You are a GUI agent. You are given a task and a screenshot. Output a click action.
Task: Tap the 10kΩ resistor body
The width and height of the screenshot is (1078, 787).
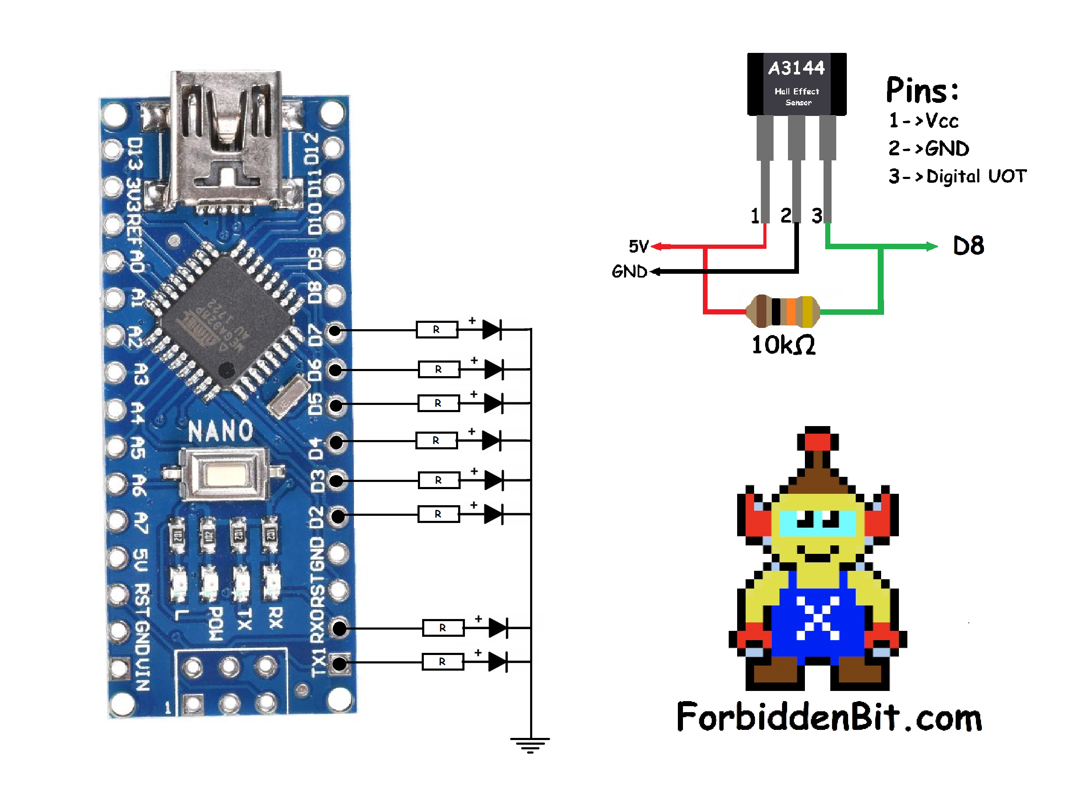click(783, 311)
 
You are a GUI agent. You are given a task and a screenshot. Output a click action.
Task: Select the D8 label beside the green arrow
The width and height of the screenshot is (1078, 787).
click(968, 246)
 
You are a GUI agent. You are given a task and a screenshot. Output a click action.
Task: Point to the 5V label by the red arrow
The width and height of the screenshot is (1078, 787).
click(639, 246)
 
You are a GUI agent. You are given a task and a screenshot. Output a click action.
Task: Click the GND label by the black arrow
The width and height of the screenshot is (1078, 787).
click(629, 272)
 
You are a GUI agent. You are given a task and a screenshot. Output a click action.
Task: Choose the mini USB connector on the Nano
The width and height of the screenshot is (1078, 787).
click(227, 138)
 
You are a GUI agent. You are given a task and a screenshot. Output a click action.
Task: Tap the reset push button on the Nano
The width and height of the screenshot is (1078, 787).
click(224, 474)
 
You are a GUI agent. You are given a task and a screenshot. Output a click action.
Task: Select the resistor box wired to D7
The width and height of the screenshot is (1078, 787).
click(437, 329)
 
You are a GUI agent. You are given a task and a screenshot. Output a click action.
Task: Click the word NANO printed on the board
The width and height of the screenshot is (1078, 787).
click(220, 431)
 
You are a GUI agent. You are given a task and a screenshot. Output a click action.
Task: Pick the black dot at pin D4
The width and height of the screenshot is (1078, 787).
click(337, 442)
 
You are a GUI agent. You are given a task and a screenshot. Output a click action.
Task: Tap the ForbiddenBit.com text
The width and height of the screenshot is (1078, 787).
click(829, 717)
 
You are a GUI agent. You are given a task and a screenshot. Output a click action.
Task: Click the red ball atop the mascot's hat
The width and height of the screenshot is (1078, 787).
click(817, 440)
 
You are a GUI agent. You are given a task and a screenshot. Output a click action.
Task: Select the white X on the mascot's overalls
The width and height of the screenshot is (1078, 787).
click(817, 618)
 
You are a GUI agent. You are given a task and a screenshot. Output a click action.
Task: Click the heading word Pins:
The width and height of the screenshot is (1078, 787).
click(922, 91)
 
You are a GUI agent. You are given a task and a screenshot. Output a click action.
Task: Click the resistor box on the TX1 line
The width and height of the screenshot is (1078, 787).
click(442, 662)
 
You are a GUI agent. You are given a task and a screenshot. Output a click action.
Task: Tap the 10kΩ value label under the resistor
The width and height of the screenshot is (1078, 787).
click(783, 345)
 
